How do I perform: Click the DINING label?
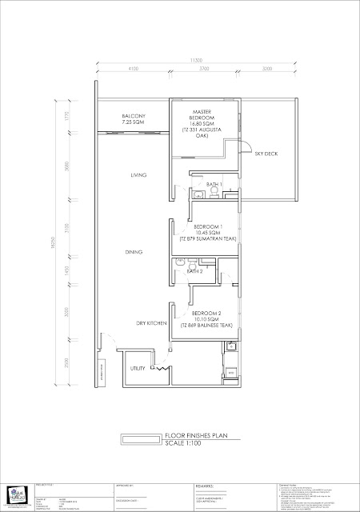[134, 252]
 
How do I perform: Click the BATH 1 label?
[213, 185]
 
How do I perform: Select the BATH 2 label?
[195, 272]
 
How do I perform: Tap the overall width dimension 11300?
[195, 60]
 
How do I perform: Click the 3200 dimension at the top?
[266, 70]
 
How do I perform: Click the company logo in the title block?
[18, 494]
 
